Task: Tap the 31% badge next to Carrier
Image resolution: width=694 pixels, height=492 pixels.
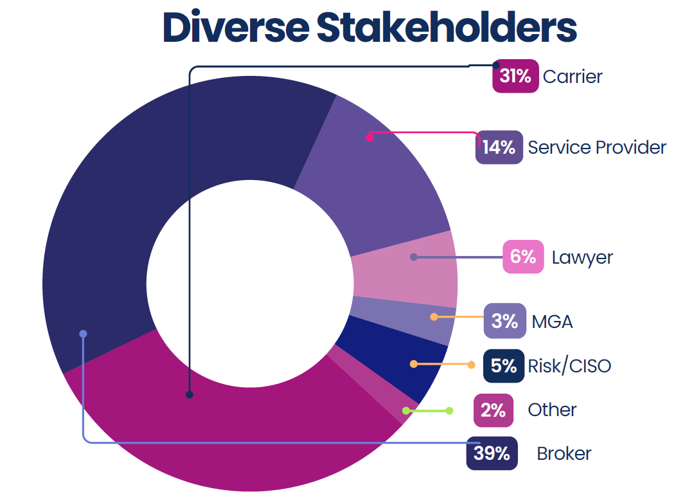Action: (x=515, y=77)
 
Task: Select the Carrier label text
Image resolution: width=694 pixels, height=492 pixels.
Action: (x=573, y=77)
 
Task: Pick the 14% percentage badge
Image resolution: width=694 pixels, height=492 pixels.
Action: (x=499, y=147)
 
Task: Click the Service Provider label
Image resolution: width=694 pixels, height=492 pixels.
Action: (x=597, y=147)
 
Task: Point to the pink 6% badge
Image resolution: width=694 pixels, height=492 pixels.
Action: (x=523, y=257)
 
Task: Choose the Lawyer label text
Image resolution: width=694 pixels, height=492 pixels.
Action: (x=582, y=258)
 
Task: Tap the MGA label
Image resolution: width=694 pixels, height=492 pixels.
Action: (x=552, y=321)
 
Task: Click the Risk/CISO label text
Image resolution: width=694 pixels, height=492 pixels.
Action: (x=569, y=366)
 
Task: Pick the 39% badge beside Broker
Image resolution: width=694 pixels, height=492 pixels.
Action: (x=492, y=453)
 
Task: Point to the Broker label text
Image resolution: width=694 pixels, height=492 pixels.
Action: (x=564, y=453)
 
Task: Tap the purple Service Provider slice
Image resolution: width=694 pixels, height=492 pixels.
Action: (x=379, y=180)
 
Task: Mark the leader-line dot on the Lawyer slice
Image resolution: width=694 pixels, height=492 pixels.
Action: (x=414, y=257)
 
